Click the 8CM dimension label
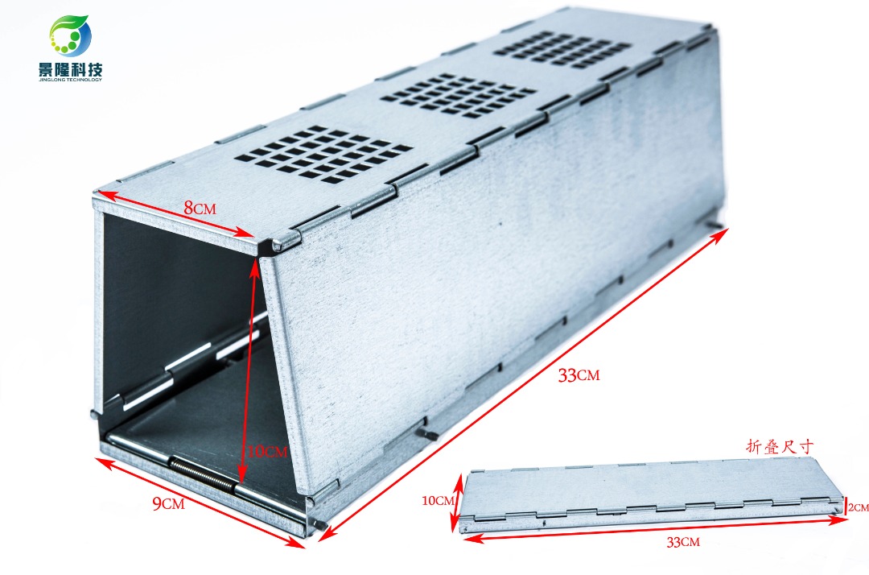pos(199,208)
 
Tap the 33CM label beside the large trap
pos(579,375)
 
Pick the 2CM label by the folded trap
pos(859,507)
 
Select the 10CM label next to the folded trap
pos(437,500)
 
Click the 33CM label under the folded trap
pos(682,542)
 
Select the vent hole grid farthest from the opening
pos(563,50)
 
